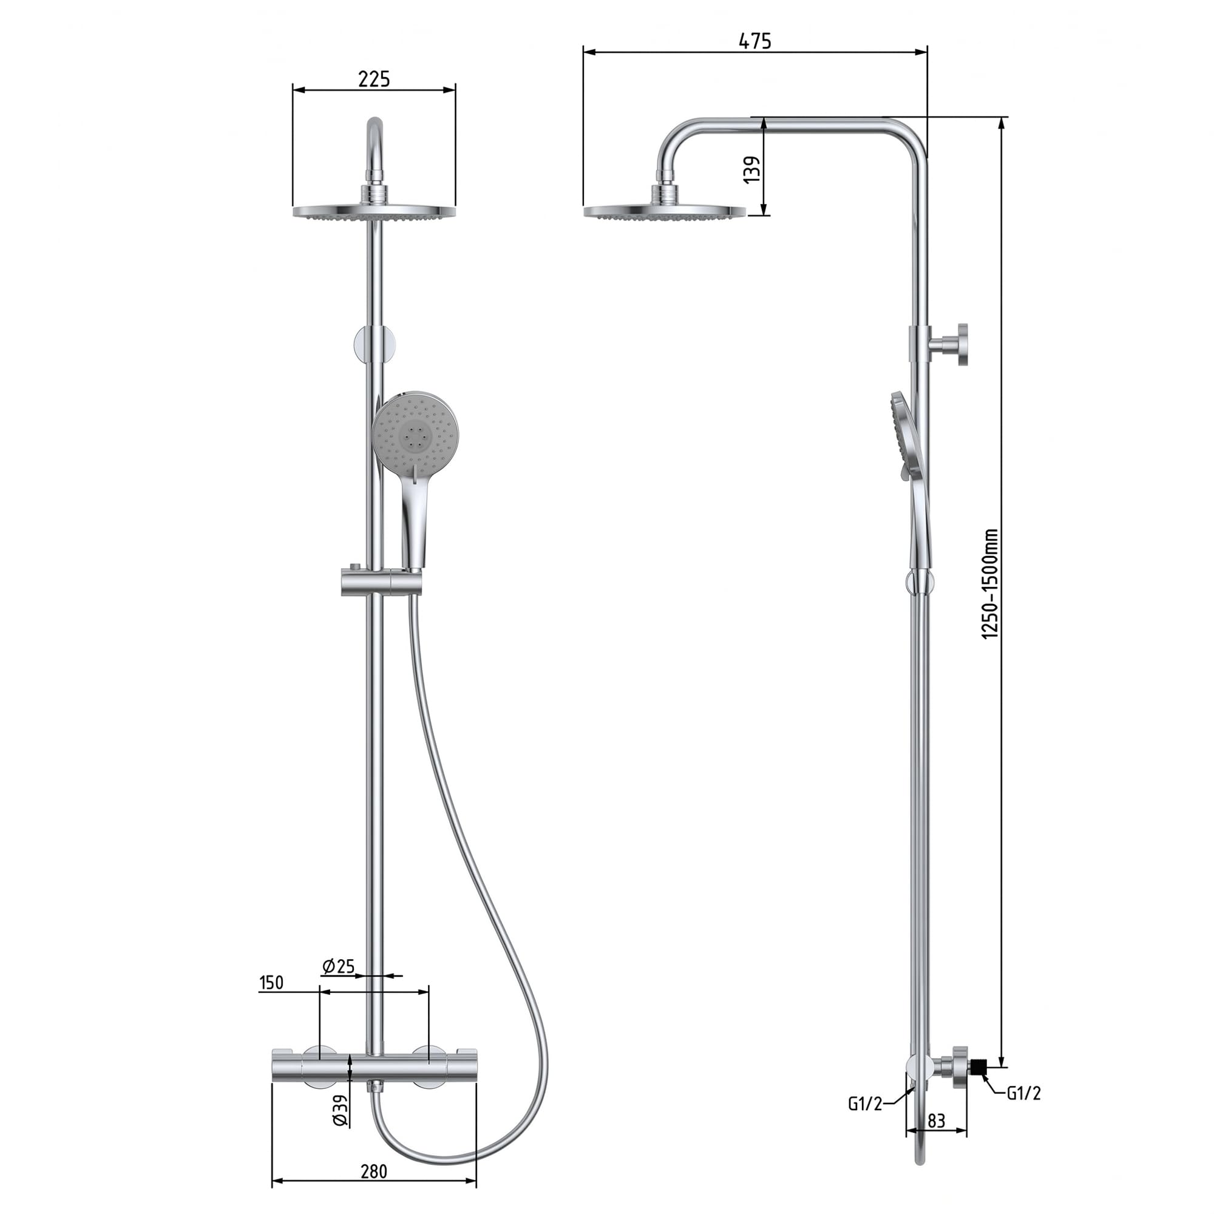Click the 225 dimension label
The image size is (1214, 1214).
(374, 79)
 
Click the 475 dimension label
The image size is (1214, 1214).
(754, 41)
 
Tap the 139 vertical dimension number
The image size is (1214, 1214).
(751, 170)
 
